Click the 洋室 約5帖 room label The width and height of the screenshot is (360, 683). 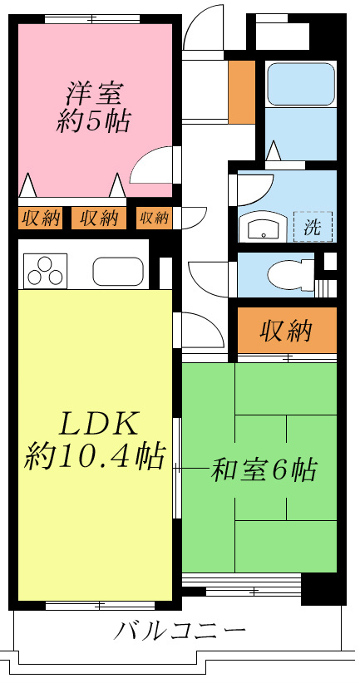94,106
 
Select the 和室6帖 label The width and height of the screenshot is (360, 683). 264,469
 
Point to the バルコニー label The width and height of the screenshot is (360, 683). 180,631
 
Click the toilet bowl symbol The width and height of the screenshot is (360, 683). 291,276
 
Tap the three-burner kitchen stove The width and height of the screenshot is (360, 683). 46,271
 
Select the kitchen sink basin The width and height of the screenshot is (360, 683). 118,272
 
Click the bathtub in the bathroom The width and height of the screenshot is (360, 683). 301,84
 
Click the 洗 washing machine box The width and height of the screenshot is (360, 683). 313,227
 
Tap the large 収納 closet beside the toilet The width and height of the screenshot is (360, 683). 287,331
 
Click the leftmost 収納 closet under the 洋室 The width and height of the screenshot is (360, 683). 41,218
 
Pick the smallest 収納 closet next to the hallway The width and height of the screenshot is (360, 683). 154,218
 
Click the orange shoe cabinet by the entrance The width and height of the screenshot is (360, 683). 242,92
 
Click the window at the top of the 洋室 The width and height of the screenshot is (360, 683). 92,19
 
